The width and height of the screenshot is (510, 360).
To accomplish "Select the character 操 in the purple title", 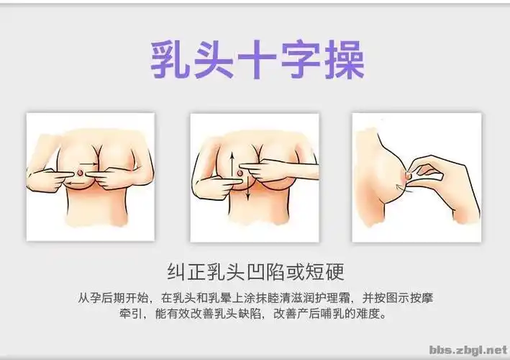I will coord(342,59).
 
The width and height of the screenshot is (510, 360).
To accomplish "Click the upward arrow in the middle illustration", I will coord(232,159).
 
